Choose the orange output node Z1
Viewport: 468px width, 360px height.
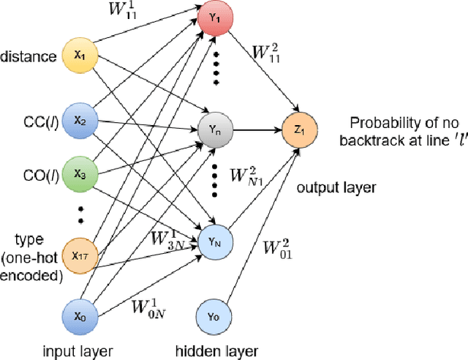point(297,132)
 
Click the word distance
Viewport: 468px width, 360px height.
point(28,56)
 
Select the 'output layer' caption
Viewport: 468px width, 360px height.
point(336,188)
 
